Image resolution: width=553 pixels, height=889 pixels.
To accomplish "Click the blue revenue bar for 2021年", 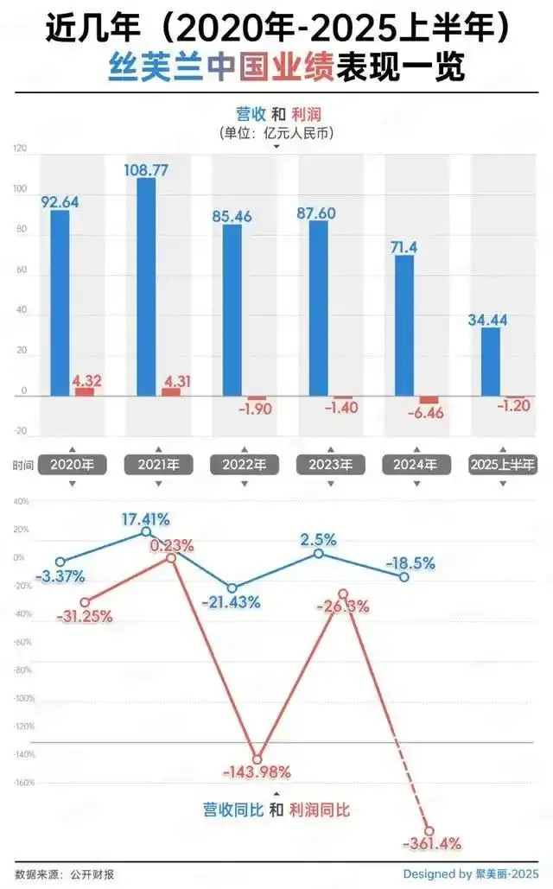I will (146, 286).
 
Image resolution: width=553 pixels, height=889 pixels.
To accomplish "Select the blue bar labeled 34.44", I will (491, 361).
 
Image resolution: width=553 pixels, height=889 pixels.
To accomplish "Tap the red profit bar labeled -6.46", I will (429, 400).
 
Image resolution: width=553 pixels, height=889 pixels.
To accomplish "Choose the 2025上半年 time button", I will (502, 465).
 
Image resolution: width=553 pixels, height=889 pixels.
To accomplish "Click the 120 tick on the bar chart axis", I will (20, 149).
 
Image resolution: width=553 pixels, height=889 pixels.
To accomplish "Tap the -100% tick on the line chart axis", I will (23, 698).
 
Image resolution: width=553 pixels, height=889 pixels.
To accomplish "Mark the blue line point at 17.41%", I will (146, 531).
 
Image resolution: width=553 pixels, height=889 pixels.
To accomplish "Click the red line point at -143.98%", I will (257, 759).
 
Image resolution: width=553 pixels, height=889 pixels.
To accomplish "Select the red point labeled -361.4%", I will (429, 831).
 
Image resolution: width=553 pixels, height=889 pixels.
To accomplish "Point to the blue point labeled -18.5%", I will (404, 576).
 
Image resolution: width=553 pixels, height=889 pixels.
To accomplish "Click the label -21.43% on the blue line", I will (231, 602).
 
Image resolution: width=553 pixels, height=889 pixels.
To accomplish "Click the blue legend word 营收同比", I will (232, 810).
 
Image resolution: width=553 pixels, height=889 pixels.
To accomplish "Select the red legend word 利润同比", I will (320, 810).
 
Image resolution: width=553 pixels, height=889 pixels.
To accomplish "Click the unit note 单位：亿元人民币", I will (276, 133).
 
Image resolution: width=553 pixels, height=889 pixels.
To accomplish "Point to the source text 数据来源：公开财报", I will (65, 874).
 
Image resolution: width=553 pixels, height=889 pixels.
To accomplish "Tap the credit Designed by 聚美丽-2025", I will (470, 873).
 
